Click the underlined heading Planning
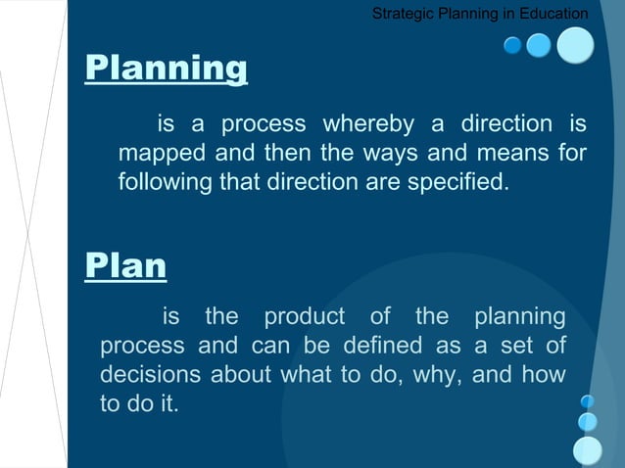tap(167, 69)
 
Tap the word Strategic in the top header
tap(403, 14)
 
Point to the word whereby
tap(369, 125)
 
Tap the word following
tap(160, 182)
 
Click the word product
tap(304, 317)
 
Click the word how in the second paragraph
tap(544, 375)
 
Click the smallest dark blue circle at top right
tap(512, 45)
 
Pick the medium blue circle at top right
tap(539, 45)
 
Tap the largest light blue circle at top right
tap(576, 45)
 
